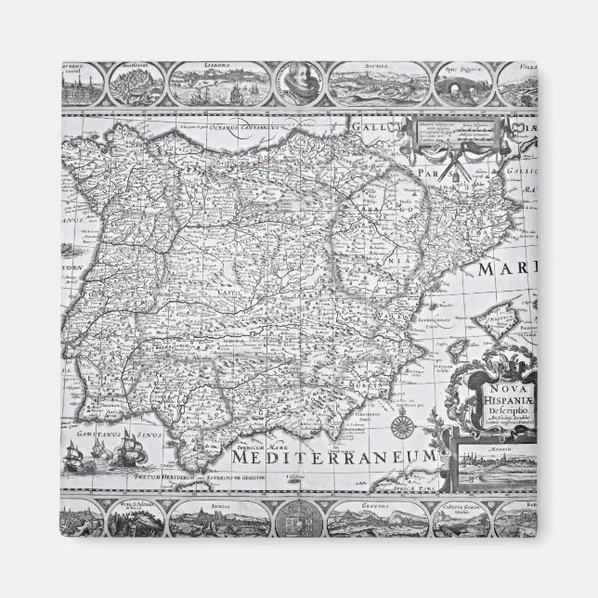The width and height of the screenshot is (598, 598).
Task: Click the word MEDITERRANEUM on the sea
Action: click(x=334, y=458)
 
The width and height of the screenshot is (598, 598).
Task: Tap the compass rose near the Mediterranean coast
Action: click(x=401, y=428)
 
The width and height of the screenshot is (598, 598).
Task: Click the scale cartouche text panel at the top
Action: click(x=449, y=134)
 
